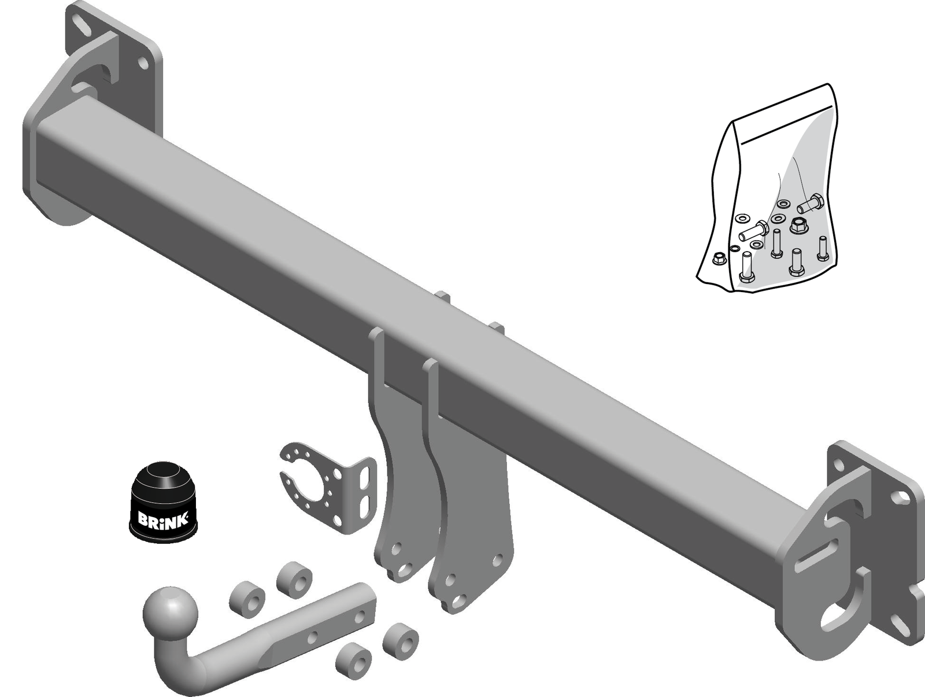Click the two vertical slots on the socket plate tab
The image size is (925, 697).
[365, 492]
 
